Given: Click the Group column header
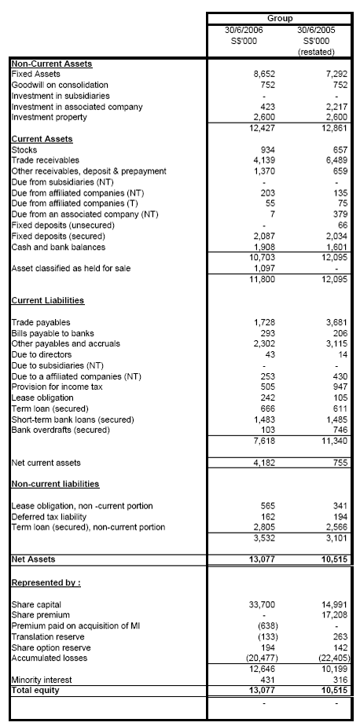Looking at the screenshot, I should (x=281, y=17).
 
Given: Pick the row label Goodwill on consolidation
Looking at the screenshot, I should (x=60, y=84).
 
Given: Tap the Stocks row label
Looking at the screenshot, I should (x=25, y=149).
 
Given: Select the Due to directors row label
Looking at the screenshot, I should (x=39, y=355).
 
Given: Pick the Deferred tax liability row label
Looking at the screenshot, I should (x=49, y=517).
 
